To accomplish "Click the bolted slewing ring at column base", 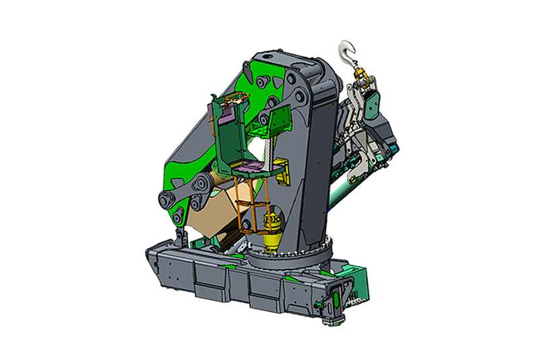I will [x=296, y=256].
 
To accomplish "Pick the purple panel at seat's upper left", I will [x=227, y=115].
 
